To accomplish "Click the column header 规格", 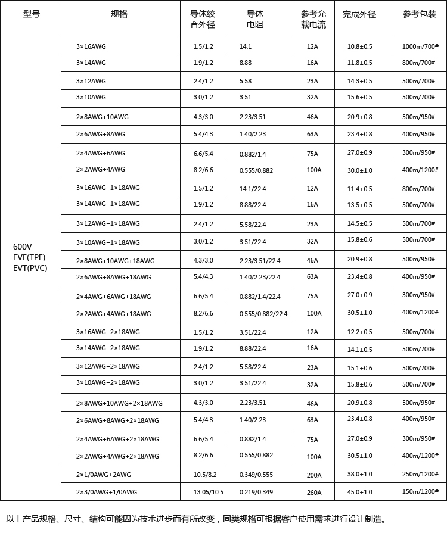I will click(x=119, y=14).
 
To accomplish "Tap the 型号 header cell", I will click(x=32, y=14).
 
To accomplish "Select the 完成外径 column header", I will click(x=359, y=14).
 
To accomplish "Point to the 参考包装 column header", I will click(x=419, y=14).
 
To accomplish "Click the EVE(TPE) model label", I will click(x=29, y=257).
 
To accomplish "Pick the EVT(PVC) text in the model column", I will click(x=30, y=268).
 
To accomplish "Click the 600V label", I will click(x=23, y=247).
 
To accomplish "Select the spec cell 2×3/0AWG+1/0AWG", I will click(x=106, y=492).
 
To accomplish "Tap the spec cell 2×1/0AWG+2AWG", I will click(x=103, y=475).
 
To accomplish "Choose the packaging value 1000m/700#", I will click(x=420, y=46).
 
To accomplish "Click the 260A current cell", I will click(x=314, y=493).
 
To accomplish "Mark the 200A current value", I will click(x=314, y=475).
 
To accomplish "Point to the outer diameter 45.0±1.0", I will click(x=359, y=492).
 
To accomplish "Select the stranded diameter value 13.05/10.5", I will click(x=208, y=492).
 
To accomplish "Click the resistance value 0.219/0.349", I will click(x=256, y=492).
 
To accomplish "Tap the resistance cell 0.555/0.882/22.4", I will click(x=263, y=314).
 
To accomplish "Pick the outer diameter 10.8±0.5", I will click(x=359, y=46).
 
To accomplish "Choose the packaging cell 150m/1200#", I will click(x=420, y=491).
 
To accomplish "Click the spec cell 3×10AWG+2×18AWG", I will click(x=108, y=382).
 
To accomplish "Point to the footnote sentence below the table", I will click(x=197, y=519).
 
